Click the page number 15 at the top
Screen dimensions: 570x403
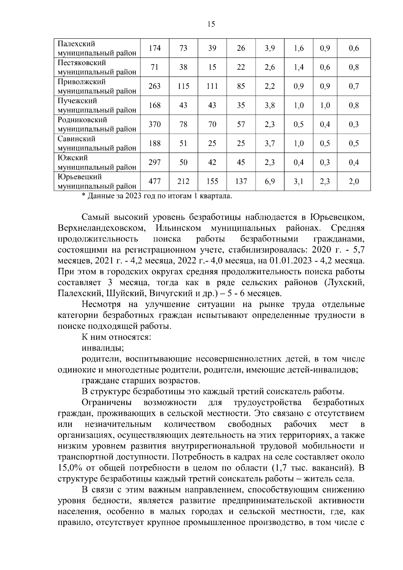(x=211, y=24)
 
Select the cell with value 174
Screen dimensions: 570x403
(x=154, y=48)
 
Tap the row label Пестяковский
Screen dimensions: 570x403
(x=82, y=63)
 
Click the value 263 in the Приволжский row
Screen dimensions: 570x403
(x=154, y=86)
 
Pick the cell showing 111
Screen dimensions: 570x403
(x=212, y=86)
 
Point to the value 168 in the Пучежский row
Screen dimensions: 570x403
(x=154, y=105)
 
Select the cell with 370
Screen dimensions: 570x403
(x=154, y=125)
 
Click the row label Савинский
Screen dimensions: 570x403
(x=77, y=139)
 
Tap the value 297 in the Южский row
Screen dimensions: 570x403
(x=154, y=163)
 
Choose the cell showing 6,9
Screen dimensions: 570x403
(x=270, y=182)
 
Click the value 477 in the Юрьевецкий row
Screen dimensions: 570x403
(x=154, y=182)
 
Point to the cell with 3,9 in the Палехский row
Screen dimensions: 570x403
(x=270, y=48)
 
